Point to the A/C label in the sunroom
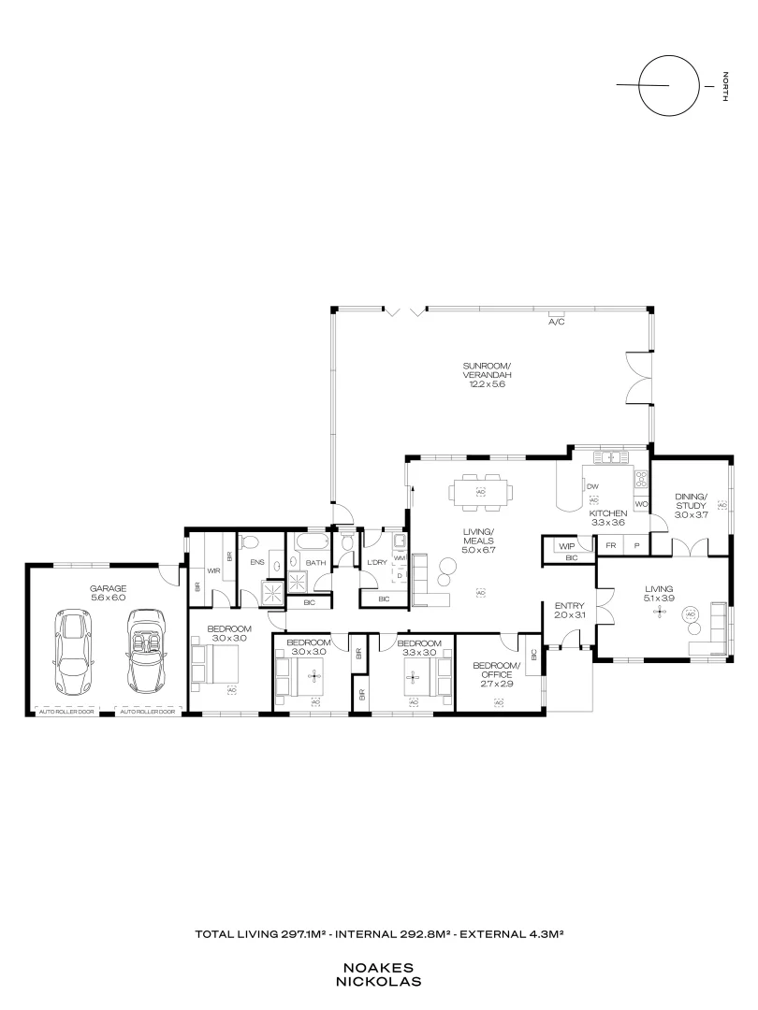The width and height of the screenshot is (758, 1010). [557, 322]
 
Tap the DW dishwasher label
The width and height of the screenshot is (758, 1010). [592, 486]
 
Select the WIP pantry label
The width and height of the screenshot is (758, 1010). [565, 545]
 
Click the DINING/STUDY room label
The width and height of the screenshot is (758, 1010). [692, 505]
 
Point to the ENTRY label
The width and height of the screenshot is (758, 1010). [569, 610]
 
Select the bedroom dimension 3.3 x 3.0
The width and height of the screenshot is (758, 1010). [417, 652]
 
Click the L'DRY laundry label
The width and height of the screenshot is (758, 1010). [376, 560]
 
